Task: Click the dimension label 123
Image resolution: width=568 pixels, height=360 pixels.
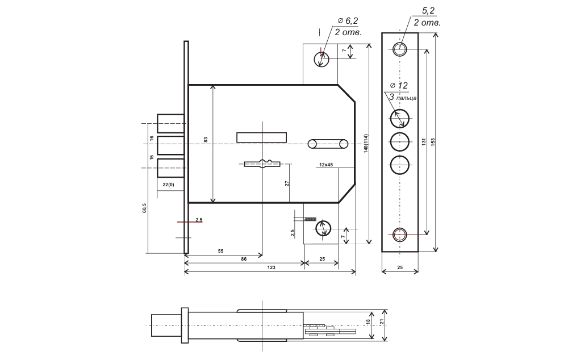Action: [x=271, y=267]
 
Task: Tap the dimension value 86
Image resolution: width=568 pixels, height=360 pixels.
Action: [x=244, y=259]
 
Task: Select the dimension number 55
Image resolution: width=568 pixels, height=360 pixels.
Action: [x=220, y=251]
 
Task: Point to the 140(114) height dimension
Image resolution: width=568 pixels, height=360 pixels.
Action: [x=366, y=144]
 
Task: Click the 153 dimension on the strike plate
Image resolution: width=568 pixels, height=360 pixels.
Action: [x=432, y=142]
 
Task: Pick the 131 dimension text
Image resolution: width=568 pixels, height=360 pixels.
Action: [x=424, y=142]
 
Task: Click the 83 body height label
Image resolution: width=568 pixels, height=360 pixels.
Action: [x=206, y=140]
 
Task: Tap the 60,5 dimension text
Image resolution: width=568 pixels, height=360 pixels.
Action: [x=144, y=208]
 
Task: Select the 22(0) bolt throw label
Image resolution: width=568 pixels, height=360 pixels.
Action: [x=168, y=185]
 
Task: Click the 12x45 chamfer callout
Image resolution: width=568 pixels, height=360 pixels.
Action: [x=326, y=165]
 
